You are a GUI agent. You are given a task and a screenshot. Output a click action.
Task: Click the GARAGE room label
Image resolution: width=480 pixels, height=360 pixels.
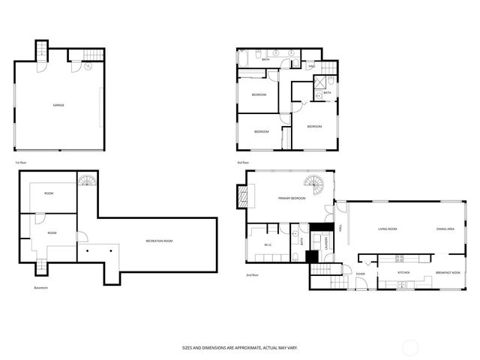coord(58,105)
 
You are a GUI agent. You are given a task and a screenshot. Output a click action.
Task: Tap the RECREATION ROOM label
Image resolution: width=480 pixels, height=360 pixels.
coord(158,241)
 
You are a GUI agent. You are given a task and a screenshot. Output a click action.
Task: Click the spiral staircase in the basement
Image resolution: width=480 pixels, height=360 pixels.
coord(88,181)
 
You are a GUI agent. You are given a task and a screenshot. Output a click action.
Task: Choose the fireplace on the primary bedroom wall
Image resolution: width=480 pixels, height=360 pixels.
coord(242,196)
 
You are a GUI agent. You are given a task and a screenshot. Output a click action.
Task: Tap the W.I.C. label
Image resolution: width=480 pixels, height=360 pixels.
coord(268,245)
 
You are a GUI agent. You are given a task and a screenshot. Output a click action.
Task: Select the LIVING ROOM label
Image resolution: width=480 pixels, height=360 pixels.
coord(387,229)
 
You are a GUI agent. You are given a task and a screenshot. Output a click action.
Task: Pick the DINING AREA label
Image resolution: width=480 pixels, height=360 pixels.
coord(445,229)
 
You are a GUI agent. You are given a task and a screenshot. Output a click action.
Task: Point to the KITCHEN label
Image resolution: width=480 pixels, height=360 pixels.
coord(403,272)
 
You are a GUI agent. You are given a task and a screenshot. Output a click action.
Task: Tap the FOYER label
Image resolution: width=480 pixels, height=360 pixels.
coord(361,273)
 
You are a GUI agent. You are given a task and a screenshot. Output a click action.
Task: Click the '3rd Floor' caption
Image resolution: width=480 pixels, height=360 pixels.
coord(243,162)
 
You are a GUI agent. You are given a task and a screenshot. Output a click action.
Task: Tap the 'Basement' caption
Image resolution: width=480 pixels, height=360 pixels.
coord(42,288)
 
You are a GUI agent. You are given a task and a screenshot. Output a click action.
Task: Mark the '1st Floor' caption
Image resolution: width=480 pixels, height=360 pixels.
coord(20,162)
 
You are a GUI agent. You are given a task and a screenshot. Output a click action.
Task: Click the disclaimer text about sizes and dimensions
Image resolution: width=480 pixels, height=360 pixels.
coord(239,347)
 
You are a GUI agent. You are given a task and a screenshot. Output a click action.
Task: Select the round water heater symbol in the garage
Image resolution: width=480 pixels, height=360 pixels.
coord(88,65)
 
